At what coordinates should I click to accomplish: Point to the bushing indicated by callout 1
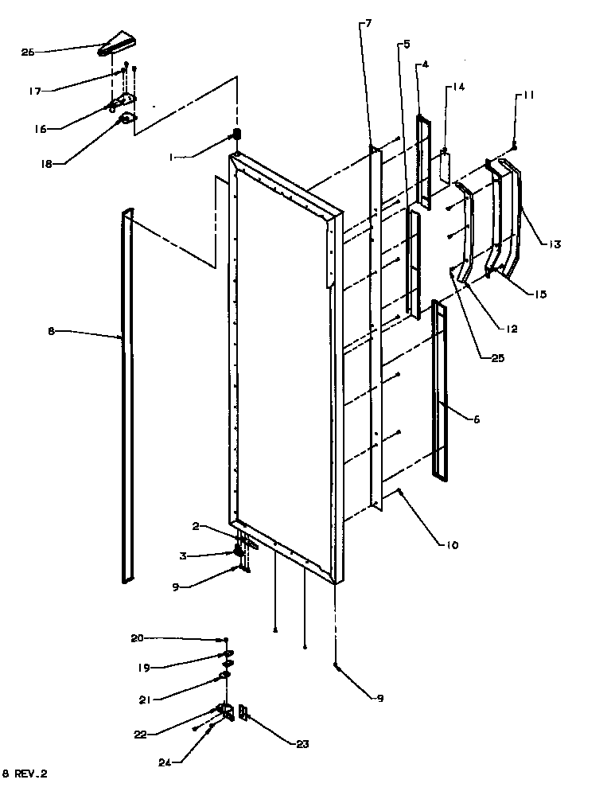click(x=235, y=133)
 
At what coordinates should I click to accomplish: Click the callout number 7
click(x=367, y=24)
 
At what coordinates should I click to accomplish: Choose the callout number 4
click(x=426, y=64)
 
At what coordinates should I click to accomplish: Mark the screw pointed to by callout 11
click(x=515, y=146)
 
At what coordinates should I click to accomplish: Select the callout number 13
click(x=555, y=244)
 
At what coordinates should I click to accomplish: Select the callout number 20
click(x=137, y=638)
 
